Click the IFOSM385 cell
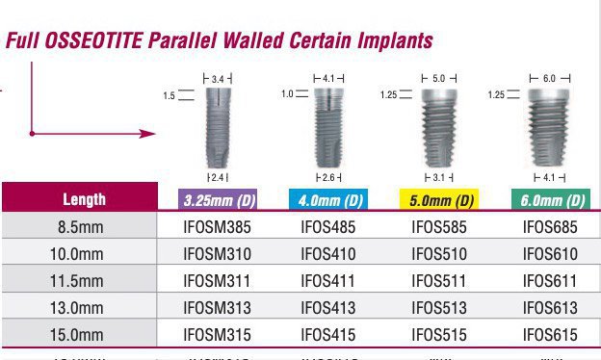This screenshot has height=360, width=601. click(217, 227)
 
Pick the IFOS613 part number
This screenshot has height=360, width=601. click(550, 308)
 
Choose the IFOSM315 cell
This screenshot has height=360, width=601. click(217, 335)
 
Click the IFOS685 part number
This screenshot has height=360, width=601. click(550, 227)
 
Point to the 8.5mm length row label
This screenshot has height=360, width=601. click(79, 227)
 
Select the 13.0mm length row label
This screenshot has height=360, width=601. click(79, 308)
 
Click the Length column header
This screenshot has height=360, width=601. click(84, 200)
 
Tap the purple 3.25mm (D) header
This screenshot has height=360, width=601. click(217, 200)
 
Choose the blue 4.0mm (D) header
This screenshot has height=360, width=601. click(327, 200)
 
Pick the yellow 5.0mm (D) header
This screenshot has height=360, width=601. click(438, 200)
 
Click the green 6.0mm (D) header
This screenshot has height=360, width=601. click(550, 200)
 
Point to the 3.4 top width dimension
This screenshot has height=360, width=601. click(218, 77)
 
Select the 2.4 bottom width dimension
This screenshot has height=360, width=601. click(218, 177)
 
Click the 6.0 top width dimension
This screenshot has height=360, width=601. click(550, 77)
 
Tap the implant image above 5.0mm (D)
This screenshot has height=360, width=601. click(438, 126)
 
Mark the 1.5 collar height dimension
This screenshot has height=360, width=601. click(170, 95)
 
